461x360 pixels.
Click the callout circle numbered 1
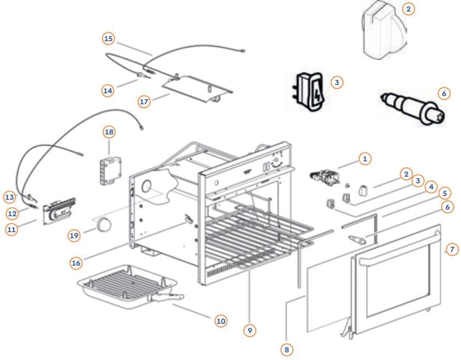click(x=364, y=159)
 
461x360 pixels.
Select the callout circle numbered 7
click(x=451, y=249)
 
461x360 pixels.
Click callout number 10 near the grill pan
click(x=220, y=320)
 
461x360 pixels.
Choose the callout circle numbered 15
click(x=108, y=38)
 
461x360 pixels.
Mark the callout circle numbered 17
click(x=144, y=102)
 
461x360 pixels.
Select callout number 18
click(x=109, y=132)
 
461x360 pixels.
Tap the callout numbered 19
click(x=75, y=235)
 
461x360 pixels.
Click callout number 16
click(x=76, y=263)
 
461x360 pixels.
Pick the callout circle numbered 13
click(x=9, y=196)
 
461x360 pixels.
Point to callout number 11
click(x=12, y=229)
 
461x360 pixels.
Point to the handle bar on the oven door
click(x=395, y=237)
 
